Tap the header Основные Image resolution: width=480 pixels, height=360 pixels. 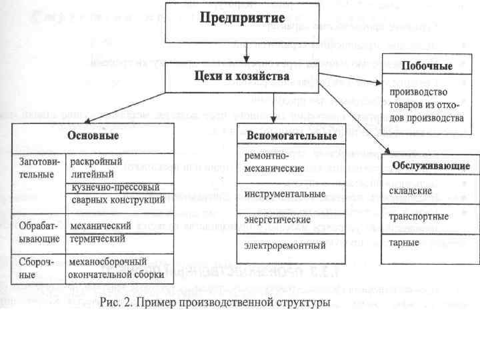[x=93, y=136]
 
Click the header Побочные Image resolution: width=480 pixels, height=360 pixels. [x=427, y=66]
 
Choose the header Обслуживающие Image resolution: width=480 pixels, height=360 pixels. [x=430, y=165]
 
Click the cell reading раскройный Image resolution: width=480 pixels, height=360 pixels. [x=96, y=162]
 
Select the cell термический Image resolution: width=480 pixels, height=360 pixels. [x=98, y=238]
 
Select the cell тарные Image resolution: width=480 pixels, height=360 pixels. [x=404, y=241]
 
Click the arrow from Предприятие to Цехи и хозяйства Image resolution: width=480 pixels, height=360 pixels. [x=247, y=49]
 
